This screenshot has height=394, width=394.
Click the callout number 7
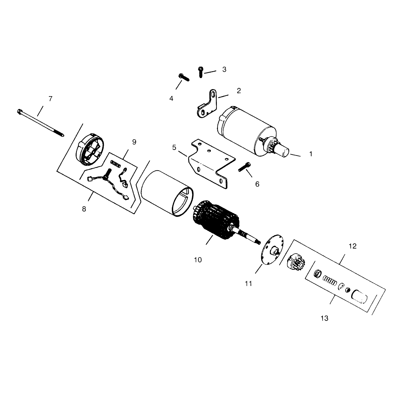point(50,99)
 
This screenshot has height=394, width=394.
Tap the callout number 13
point(324,318)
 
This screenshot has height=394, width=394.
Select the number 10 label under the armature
point(198,260)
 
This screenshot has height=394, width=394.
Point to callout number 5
point(174,147)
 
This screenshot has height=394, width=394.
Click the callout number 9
point(134,142)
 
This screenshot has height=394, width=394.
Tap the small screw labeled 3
point(201,72)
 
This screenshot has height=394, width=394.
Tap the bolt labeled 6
point(245,168)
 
